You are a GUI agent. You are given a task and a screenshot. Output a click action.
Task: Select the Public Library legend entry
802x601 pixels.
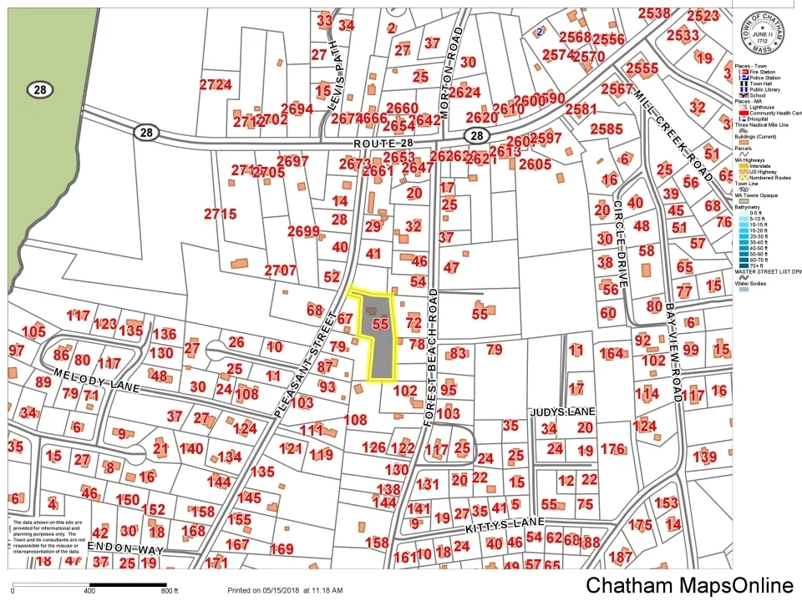click(759, 89)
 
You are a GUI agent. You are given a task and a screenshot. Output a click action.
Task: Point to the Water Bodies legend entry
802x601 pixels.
click(752, 283)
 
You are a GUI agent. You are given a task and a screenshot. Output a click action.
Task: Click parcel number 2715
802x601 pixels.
click(221, 214)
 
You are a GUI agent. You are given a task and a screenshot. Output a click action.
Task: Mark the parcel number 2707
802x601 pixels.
click(280, 270)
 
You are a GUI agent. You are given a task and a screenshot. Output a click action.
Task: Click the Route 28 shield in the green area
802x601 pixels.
click(37, 89)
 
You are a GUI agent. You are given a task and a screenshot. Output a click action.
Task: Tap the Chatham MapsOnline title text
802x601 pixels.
click(689, 585)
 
